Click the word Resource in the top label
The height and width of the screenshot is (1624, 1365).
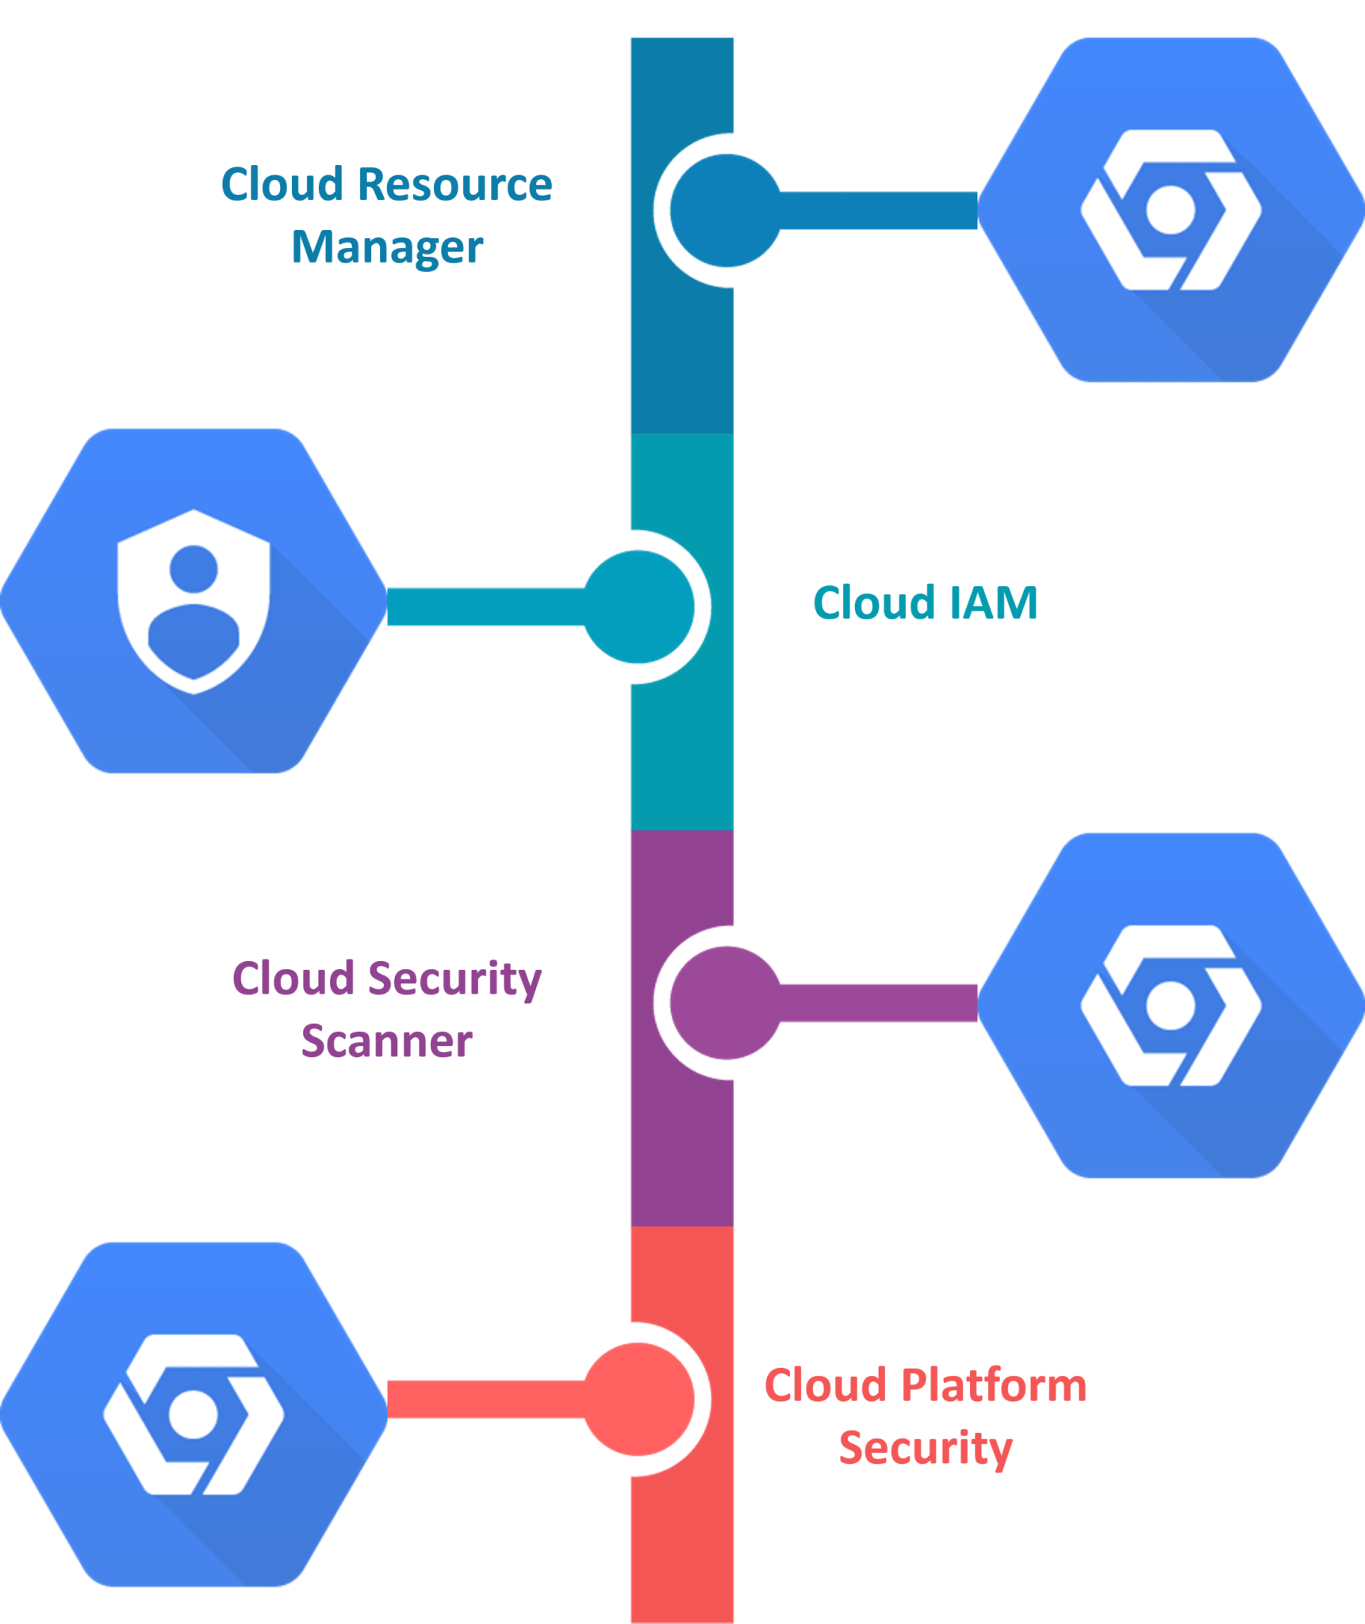(454, 185)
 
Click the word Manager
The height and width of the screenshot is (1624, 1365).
(387, 247)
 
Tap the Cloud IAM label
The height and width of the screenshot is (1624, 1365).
(925, 603)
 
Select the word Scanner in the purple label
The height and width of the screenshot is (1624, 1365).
(387, 1040)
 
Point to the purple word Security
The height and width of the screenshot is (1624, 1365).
(454, 979)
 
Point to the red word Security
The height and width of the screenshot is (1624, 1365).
(925, 1448)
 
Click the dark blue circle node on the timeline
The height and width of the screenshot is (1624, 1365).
(725, 210)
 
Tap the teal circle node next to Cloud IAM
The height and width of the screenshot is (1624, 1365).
(639, 607)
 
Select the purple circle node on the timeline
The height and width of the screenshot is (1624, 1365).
(725, 1003)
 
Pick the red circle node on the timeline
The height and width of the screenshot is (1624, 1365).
(639, 1400)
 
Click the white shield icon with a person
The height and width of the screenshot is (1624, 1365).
(194, 601)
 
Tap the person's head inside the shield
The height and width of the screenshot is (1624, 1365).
(194, 568)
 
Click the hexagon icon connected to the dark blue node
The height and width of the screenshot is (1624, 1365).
(1171, 210)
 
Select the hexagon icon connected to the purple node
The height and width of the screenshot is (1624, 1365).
(1171, 1005)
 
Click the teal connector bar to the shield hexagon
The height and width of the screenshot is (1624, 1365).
(484, 607)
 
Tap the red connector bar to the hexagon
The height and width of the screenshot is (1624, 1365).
(484, 1400)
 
